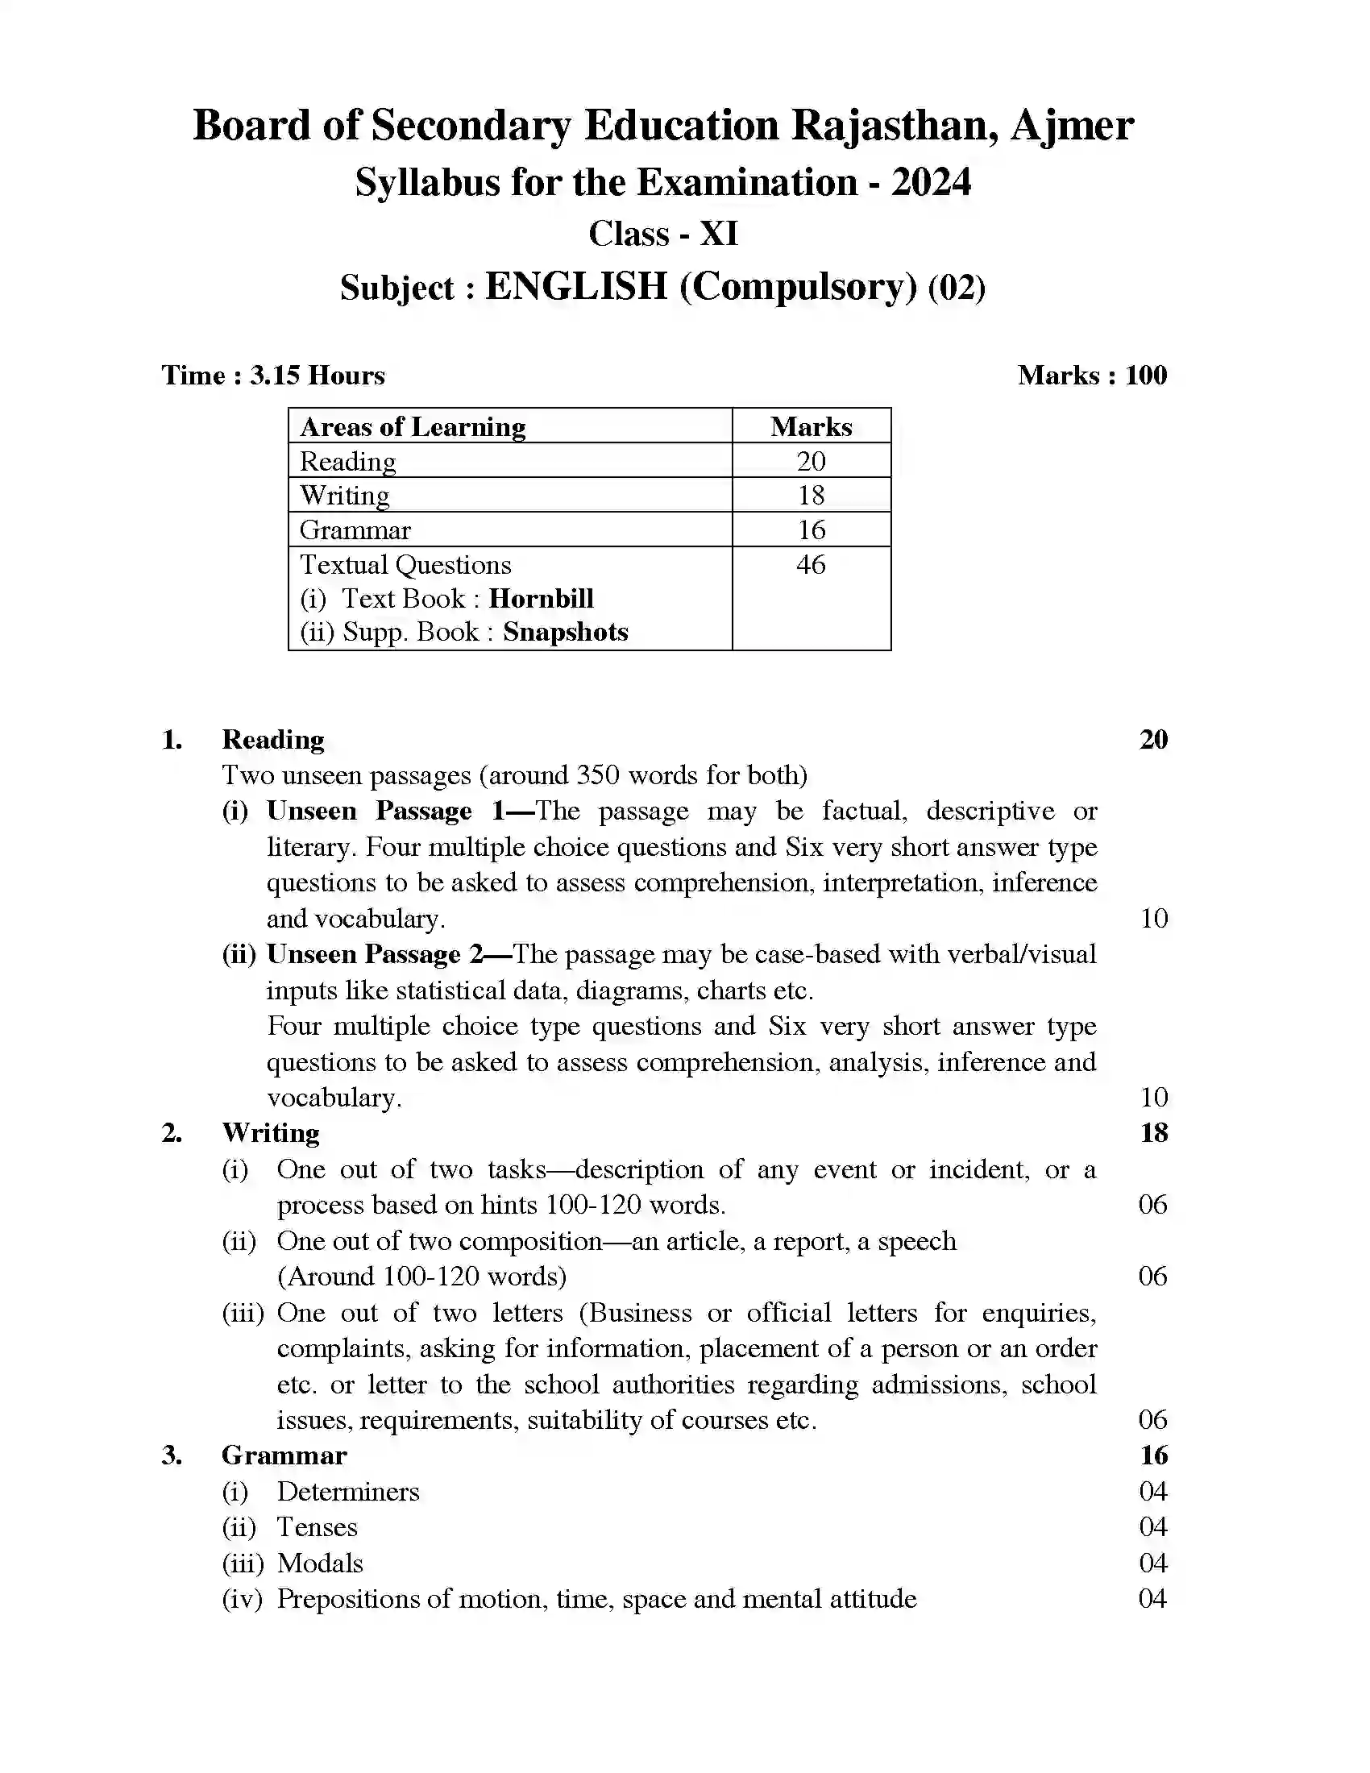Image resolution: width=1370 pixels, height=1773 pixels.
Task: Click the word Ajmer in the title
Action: click(x=1070, y=126)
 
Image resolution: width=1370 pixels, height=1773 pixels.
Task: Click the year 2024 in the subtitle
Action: click(x=930, y=182)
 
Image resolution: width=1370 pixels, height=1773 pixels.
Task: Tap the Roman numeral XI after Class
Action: click(x=718, y=234)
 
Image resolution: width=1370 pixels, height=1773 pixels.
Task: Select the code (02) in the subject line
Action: click(x=956, y=288)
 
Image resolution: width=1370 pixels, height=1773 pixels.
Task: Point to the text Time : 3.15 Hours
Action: click(x=272, y=375)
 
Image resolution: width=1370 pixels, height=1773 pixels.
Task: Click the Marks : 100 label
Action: click(x=1092, y=375)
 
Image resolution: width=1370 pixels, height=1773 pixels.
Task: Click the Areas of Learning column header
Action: click(x=413, y=426)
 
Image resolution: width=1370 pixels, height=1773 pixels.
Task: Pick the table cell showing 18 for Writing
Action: click(x=810, y=494)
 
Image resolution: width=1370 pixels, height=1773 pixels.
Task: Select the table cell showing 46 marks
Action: click(x=810, y=564)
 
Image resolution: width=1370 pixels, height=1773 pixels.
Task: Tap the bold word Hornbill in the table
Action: click(x=541, y=598)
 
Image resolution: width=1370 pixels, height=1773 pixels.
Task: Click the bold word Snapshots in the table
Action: click(x=565, y=632)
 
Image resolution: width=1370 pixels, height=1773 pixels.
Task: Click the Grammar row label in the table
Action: click(x=355, y=529)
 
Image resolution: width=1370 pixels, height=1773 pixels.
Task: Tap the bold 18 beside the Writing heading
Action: click(x=1153, y=1132)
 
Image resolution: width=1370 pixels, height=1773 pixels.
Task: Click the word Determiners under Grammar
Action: click(x=348, y=1491)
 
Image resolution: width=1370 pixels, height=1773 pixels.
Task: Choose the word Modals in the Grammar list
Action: click(x=320, y=1563)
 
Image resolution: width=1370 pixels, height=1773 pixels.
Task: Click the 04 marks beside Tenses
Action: click(x=1152, y=1527)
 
